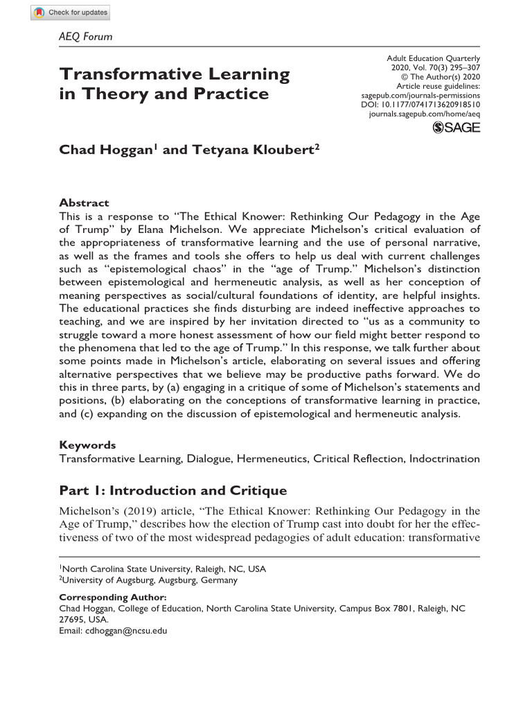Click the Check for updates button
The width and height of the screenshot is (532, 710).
coord(71,12)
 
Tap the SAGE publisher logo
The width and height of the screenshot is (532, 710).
coord(456,127)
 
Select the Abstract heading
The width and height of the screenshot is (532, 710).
coord(84,202)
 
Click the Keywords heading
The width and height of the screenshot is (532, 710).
coord(87,444)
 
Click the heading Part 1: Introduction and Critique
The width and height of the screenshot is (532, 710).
coord(172,491)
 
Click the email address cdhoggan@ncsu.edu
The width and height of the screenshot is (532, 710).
coord(113,631)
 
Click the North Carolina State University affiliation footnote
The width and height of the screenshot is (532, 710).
coord(162,569)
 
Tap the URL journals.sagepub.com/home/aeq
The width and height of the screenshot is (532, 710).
coord(425,112)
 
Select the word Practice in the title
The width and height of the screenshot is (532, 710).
coord(229,94)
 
